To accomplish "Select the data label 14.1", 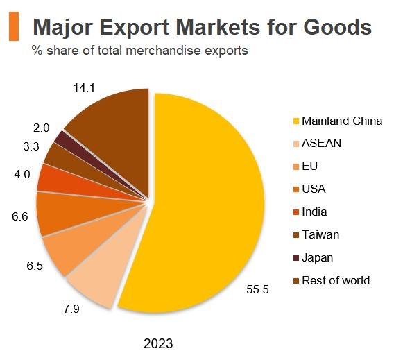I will point(83,88).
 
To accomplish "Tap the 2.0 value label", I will point(41,128).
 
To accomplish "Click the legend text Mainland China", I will point(342,121).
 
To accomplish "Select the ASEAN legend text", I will point(322,144).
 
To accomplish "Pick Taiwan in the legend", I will point(320,234).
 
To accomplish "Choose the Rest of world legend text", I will point(336,280).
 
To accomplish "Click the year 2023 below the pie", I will point(157,343).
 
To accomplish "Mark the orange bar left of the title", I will point(12,26).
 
